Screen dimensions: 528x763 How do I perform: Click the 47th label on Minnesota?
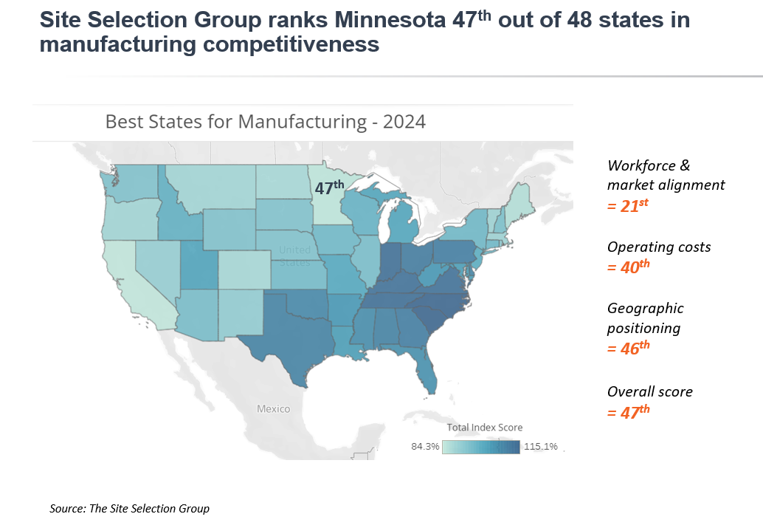tap(329, 188)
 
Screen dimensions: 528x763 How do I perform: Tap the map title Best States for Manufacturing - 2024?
tap(266, 121)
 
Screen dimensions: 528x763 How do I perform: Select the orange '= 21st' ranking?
tap(627, 206)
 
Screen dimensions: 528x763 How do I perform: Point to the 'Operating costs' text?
tap(659, 247)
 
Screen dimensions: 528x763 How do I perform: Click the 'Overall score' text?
tap(650, 391)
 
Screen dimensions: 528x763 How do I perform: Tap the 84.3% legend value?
tap(425, 446)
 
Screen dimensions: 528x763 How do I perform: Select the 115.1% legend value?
tap(541, 446)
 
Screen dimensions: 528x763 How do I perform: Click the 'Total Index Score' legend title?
tap(485, 428)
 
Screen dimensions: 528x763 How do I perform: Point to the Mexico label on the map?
tap(273, 408)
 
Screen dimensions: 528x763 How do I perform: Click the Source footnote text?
tap(130, 508)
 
